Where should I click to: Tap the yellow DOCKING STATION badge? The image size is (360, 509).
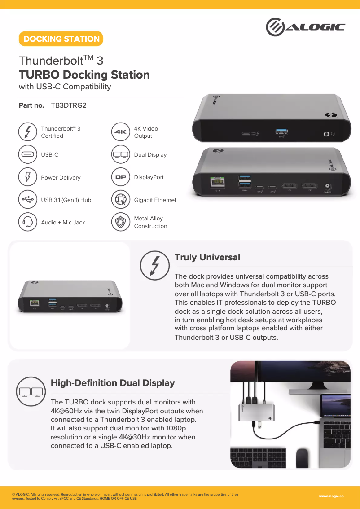coord(61,39)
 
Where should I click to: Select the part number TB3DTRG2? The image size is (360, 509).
coord(69,105)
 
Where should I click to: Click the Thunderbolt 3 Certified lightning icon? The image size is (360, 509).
coord(28,132)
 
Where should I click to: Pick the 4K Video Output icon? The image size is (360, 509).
coord(120,132)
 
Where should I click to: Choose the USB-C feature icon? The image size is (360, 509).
coord(28,154)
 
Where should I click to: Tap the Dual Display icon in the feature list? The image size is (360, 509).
coord(120,154)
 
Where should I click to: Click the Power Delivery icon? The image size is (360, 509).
coord(28,177)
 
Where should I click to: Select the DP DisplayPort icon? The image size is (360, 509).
coord(120,177)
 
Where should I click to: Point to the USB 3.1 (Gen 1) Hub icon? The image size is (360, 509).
coord(28,200)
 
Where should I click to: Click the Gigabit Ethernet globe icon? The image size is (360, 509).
coord(120,200)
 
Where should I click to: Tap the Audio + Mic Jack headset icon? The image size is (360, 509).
coord(28,222)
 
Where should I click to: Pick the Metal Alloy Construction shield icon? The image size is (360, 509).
coord(120,222)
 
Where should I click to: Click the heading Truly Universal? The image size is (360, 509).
coord(207,257)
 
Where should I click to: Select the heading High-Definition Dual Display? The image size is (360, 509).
coord(113,383)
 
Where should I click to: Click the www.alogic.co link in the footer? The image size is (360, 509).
coord(331,496)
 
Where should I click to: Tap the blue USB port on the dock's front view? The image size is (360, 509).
coord(281,132)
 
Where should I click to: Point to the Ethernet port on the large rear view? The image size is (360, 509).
coord(218,183)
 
